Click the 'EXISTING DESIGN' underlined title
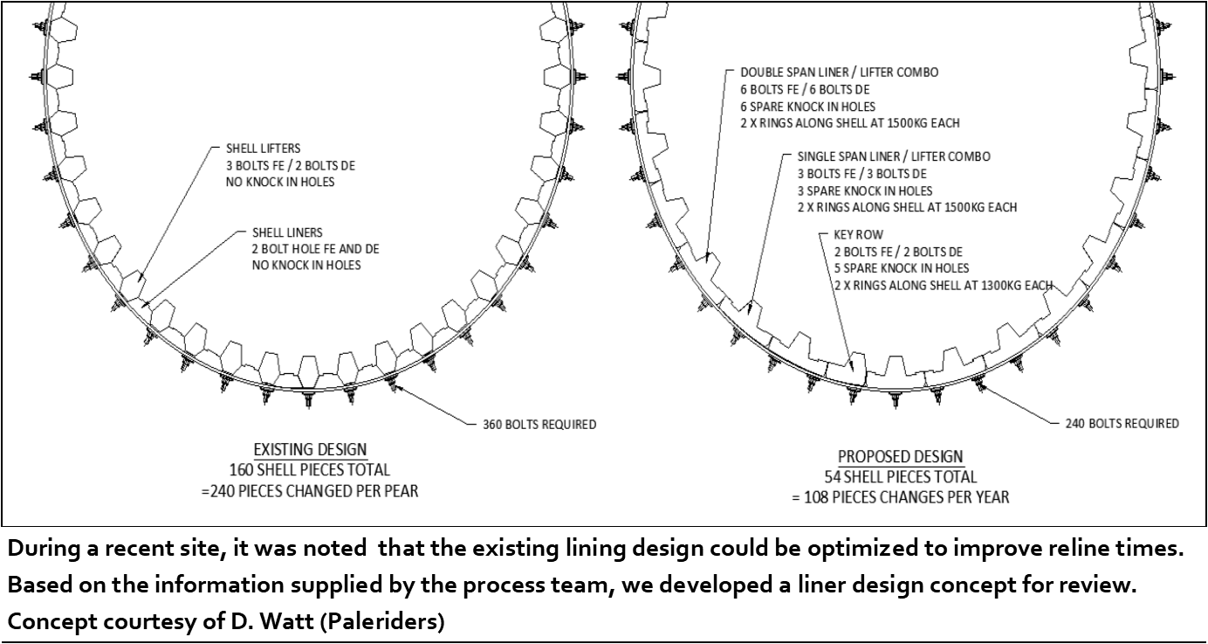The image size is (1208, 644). click(310, 449)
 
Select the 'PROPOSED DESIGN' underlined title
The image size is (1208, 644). click(900, 457)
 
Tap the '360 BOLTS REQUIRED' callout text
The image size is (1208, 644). click(539, 425)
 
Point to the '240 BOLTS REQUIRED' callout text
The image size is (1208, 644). click(1122, 424)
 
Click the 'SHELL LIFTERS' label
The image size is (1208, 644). click(264, 149)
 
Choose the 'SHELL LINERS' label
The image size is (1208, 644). click(287, 232)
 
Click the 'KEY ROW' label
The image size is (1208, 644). click(859, 235)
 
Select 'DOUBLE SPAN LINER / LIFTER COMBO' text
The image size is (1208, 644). click(839, 73)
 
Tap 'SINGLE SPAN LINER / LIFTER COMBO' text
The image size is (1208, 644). click(894, 156)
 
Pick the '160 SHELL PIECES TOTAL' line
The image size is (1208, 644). click(310, 470)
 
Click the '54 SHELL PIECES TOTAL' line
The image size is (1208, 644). click(901, 477)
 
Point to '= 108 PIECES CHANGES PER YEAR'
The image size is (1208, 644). click(901, 497)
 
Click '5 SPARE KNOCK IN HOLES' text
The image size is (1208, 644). click(902, 268)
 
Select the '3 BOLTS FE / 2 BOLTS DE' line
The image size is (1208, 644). click(291, 166)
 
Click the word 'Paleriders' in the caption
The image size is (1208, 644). click(382, 622)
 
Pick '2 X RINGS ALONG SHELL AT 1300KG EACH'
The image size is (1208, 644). click(944, 285)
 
